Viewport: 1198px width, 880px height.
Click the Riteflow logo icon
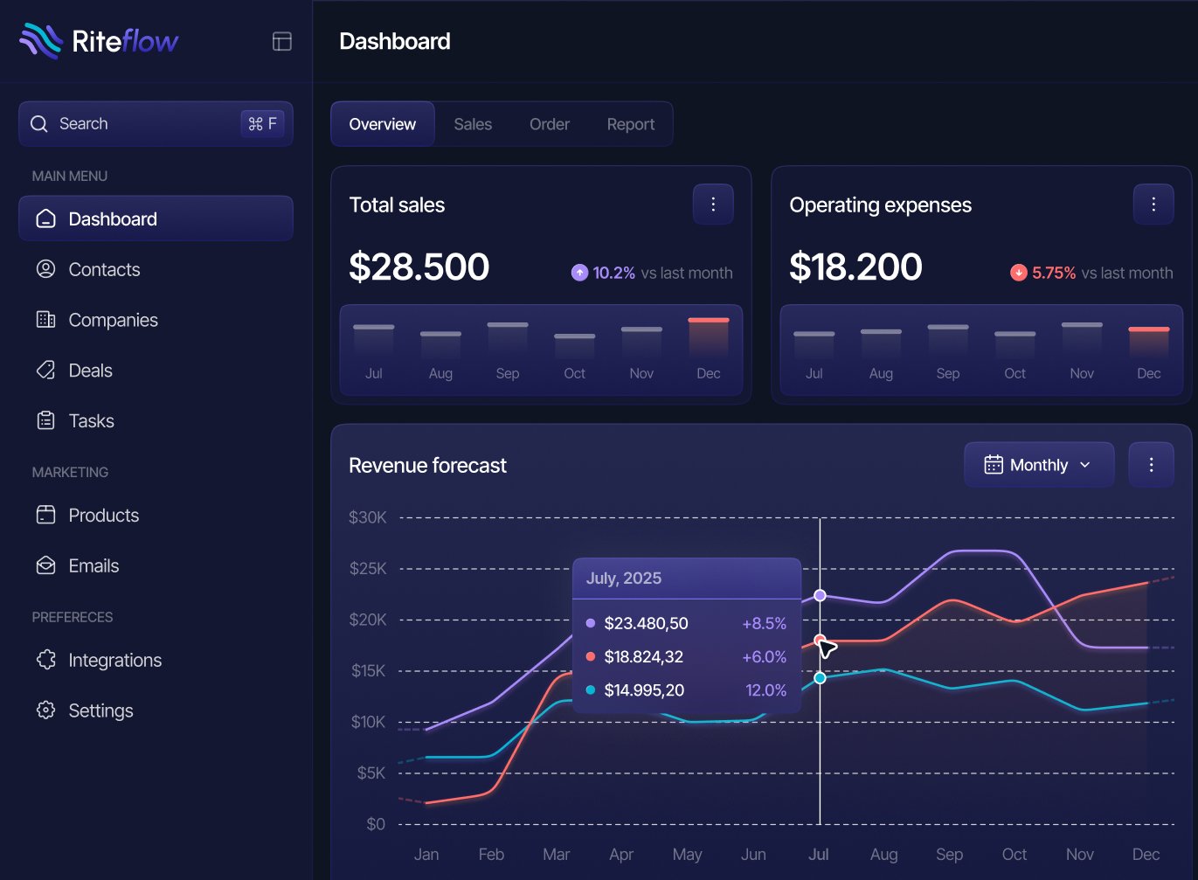coord(41,41)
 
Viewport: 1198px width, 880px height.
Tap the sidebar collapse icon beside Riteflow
coord(282,41)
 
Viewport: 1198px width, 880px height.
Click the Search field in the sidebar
coord(156,123)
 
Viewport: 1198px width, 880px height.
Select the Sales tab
coord(473,124)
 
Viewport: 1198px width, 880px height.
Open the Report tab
coord(631,124)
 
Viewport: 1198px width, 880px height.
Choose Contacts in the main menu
coord(104,270)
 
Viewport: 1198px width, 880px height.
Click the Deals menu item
coord(90,371)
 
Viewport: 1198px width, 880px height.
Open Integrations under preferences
coord(115,660)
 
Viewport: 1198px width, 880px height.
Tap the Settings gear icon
coord(45,710)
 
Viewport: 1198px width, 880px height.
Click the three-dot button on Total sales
coord(713,204)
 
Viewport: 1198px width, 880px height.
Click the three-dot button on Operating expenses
coord(1153,204)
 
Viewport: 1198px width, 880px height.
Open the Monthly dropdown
coord(1039,464)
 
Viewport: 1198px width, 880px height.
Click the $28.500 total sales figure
coord(419,267)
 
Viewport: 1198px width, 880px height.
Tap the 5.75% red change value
coord(1054,273)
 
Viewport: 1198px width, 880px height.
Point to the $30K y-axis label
coord(367,517)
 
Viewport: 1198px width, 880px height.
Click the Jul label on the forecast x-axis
coord(818,855)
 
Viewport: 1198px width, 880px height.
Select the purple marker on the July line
coord(820,595)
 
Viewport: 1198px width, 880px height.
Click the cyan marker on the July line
coord(820,678)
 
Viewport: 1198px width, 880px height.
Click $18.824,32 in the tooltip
coord(643,657)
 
